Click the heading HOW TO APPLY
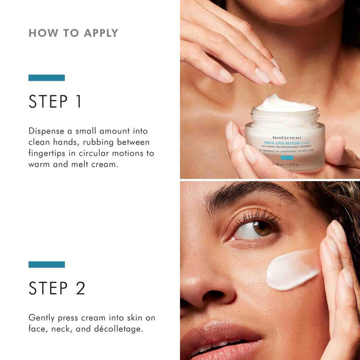[x=73, y=33]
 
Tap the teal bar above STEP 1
[x=46, y=78]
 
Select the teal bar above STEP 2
[x=46, y=265]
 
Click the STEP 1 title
[x=55, y=101]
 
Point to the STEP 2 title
[x=57, y=288]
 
